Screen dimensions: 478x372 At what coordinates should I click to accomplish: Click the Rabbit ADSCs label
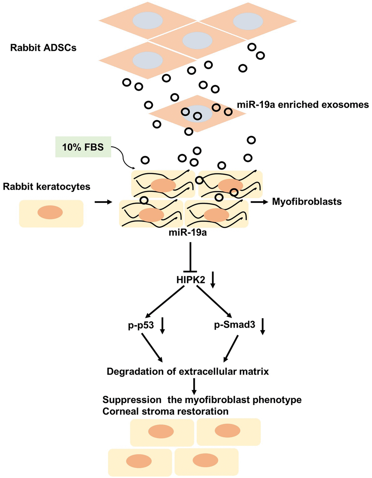coord(43,48)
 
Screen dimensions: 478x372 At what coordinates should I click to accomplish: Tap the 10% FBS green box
coord(83,147)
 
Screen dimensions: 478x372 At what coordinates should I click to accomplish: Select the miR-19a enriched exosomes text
coord(303,105)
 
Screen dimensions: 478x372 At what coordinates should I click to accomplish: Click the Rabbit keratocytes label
coord(47,187)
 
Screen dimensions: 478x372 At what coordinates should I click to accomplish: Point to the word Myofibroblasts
coord(307,202)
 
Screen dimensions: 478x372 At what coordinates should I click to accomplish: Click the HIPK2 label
coord(190,280)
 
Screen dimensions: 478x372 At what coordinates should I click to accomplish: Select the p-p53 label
coord(141,325)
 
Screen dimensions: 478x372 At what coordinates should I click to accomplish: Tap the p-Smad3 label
coord(235,324)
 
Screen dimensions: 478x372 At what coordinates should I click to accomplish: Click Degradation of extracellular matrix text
coord(188,372)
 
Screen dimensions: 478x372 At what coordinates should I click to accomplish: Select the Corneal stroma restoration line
coord(166,411)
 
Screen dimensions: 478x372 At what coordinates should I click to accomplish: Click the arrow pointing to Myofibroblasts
coord(259,201)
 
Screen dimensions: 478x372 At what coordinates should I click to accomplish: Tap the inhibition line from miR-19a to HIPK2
coord(190,257)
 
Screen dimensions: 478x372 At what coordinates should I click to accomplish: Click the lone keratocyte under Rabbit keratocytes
coord(51,213)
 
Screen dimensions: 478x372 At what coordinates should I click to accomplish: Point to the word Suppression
coord(132,400)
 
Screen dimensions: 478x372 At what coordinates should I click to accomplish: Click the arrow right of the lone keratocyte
coord(103,201)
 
